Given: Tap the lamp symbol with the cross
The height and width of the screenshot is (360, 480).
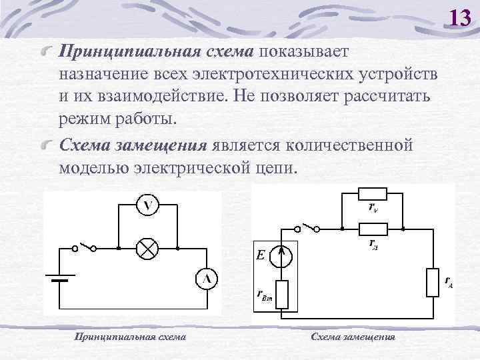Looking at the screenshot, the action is [146, 248].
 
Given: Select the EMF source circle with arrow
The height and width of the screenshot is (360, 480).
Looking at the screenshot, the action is [281, 254].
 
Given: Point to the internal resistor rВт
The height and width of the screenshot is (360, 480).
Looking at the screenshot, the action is [283, 293].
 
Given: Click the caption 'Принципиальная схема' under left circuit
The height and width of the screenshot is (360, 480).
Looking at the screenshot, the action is [130, 337].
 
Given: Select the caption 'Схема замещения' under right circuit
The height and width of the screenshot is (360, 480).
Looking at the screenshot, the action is [353, 337].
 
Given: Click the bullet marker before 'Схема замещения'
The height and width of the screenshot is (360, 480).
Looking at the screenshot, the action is [46, 145].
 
